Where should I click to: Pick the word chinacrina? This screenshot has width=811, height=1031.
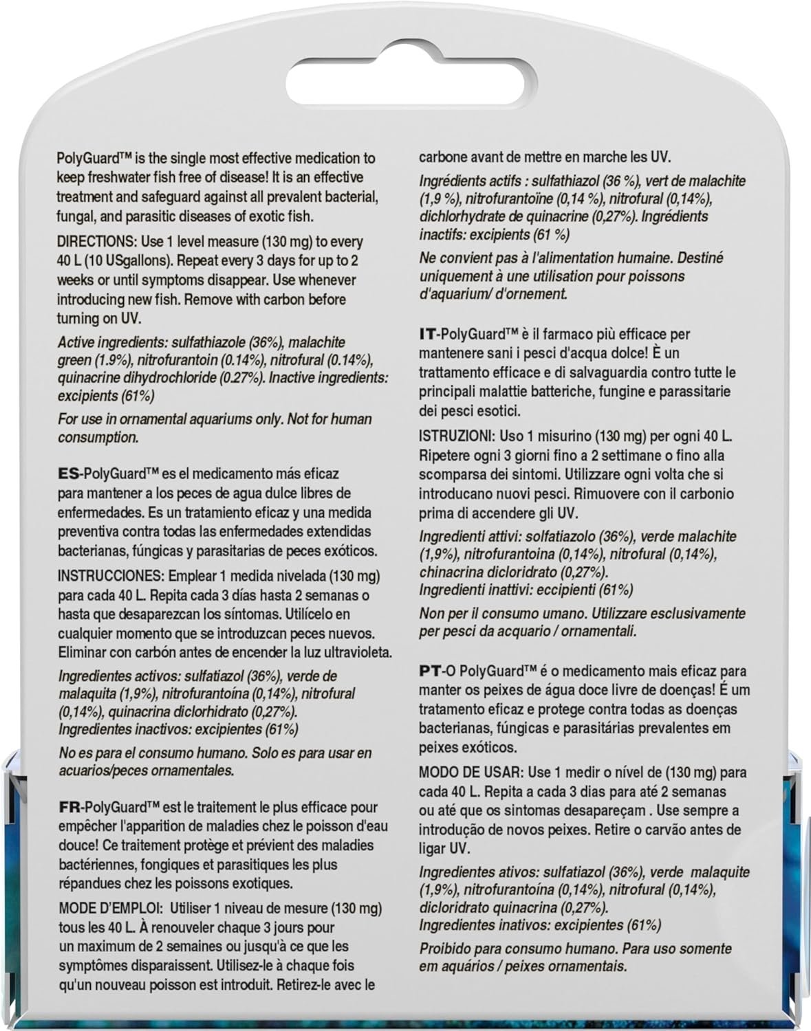point(450,572)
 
